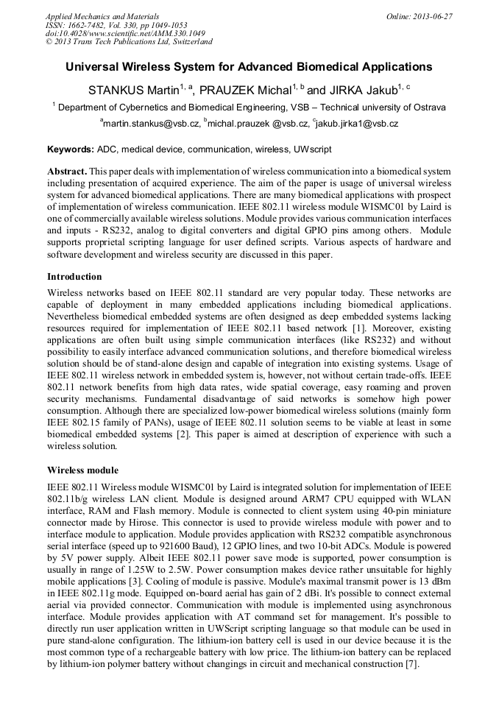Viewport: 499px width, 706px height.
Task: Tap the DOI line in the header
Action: click(x=124, y=33)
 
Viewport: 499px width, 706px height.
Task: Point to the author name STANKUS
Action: click(x=113, y=90)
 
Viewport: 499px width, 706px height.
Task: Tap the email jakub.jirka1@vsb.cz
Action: click(x=356, y=124)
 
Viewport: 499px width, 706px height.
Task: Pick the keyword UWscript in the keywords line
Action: click(x=312, y=149)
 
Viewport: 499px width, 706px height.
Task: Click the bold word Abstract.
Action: click(x=67, y=171)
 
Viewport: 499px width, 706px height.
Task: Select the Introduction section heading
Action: click(x=74, y=277)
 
